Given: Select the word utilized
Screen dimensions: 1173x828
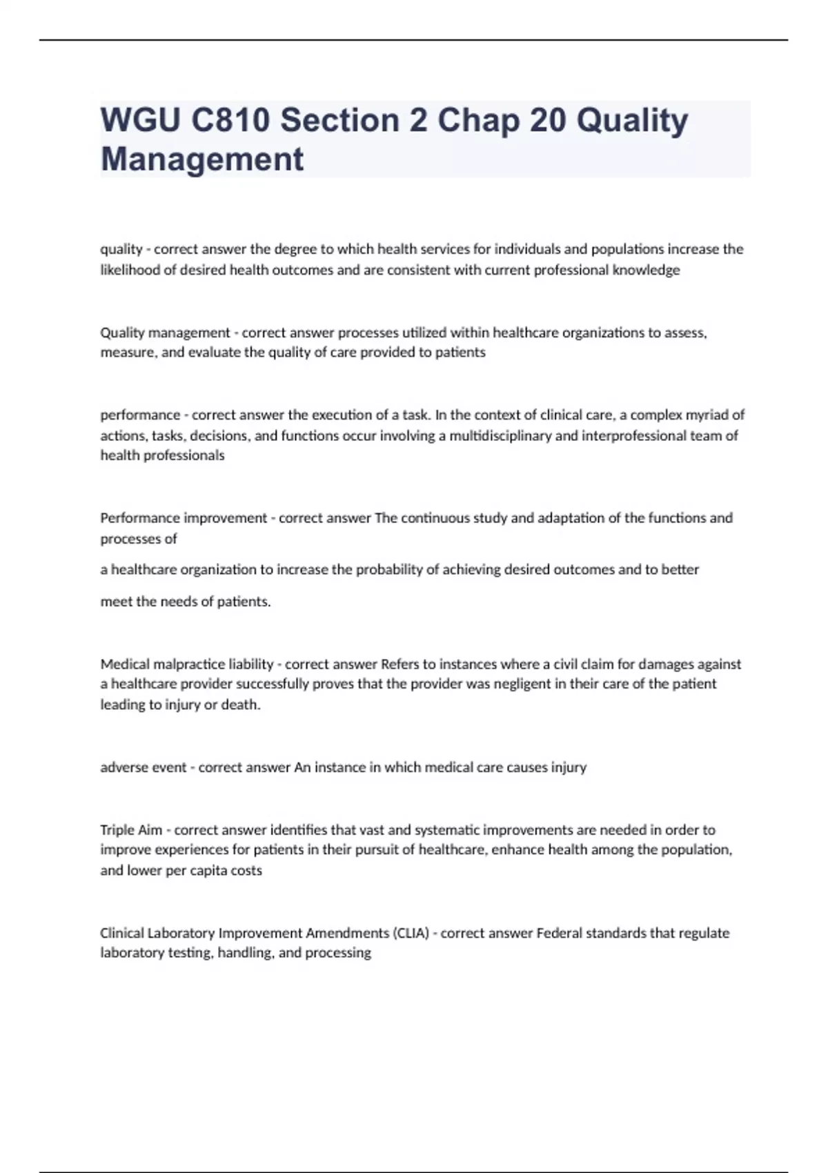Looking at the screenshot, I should [424, 333].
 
